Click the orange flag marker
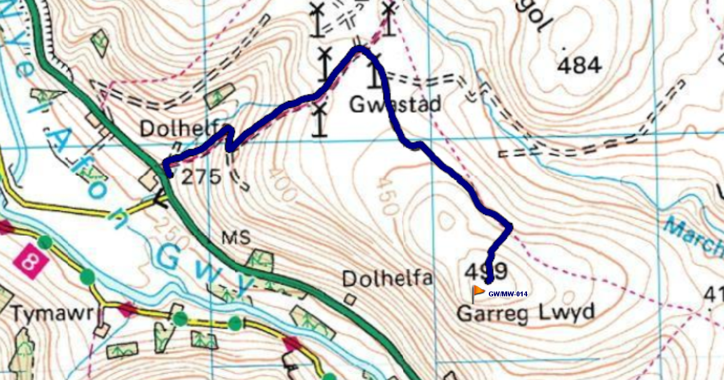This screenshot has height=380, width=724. (478, 292)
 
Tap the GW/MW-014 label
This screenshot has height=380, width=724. (507, 294)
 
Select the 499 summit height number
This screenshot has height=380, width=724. (486, 271)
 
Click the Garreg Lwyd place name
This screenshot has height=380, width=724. (525, 313)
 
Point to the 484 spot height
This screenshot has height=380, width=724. (579, 66)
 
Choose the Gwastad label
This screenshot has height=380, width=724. (395, 105)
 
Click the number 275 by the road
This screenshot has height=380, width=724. (201, 177)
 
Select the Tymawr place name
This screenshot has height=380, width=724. (53, 314)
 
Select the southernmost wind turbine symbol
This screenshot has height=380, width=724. (318, 120)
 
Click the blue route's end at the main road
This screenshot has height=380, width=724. (168, 175)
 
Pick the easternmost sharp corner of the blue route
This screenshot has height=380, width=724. (511, 226)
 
